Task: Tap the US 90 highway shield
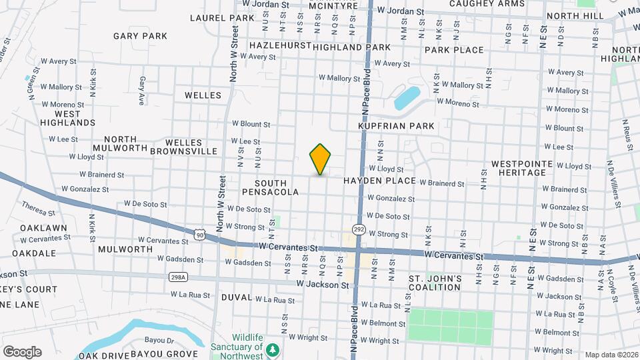tap(199, 234)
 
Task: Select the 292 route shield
tap(359, 230)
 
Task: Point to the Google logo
tap(22, 352)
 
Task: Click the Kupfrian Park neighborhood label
tap(396, 126)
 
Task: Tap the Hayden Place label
tap(380, 181)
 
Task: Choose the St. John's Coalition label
tap(435, 283)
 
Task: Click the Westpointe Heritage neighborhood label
tap(522, 167)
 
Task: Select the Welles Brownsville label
tap(183, 147)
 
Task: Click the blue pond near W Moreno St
tap(407, 98)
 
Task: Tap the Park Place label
tap(454, 50)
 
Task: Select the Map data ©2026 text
tap(610, 355)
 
